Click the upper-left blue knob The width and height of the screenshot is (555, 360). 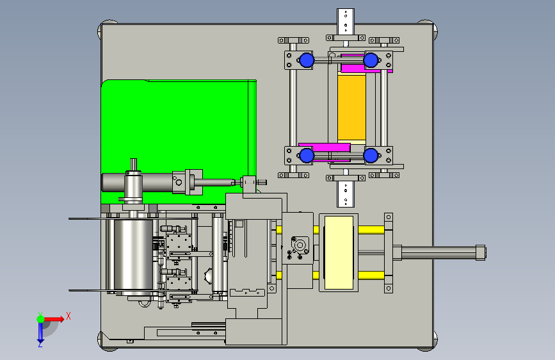pyautogui.click(x=306, y=60)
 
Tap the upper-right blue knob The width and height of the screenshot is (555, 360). pyautogui.click(x=370, y=60)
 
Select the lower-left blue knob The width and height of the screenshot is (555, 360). pyautogui.click(x=307, y=155)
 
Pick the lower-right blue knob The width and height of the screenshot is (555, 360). pyautogui.click(x=370, y=155)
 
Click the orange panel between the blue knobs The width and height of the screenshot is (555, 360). pyautogui.click(x=351, y=107)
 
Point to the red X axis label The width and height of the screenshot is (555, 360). pyautogui.click(x=68, y=315)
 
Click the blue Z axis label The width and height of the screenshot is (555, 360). pyautogui.click(x=40, y=344)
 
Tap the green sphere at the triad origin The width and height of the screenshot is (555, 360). pyautogui.click(x=40, y=318)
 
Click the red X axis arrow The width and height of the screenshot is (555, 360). pyautogui.click(x=54, y=318)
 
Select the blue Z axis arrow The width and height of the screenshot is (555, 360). pyautogui.click(x=40, y=331)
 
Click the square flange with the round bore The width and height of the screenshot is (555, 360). pyautogui.click(x=299, y=245)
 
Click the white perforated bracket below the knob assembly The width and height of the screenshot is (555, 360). pyautogui.click(x=345, y=193)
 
